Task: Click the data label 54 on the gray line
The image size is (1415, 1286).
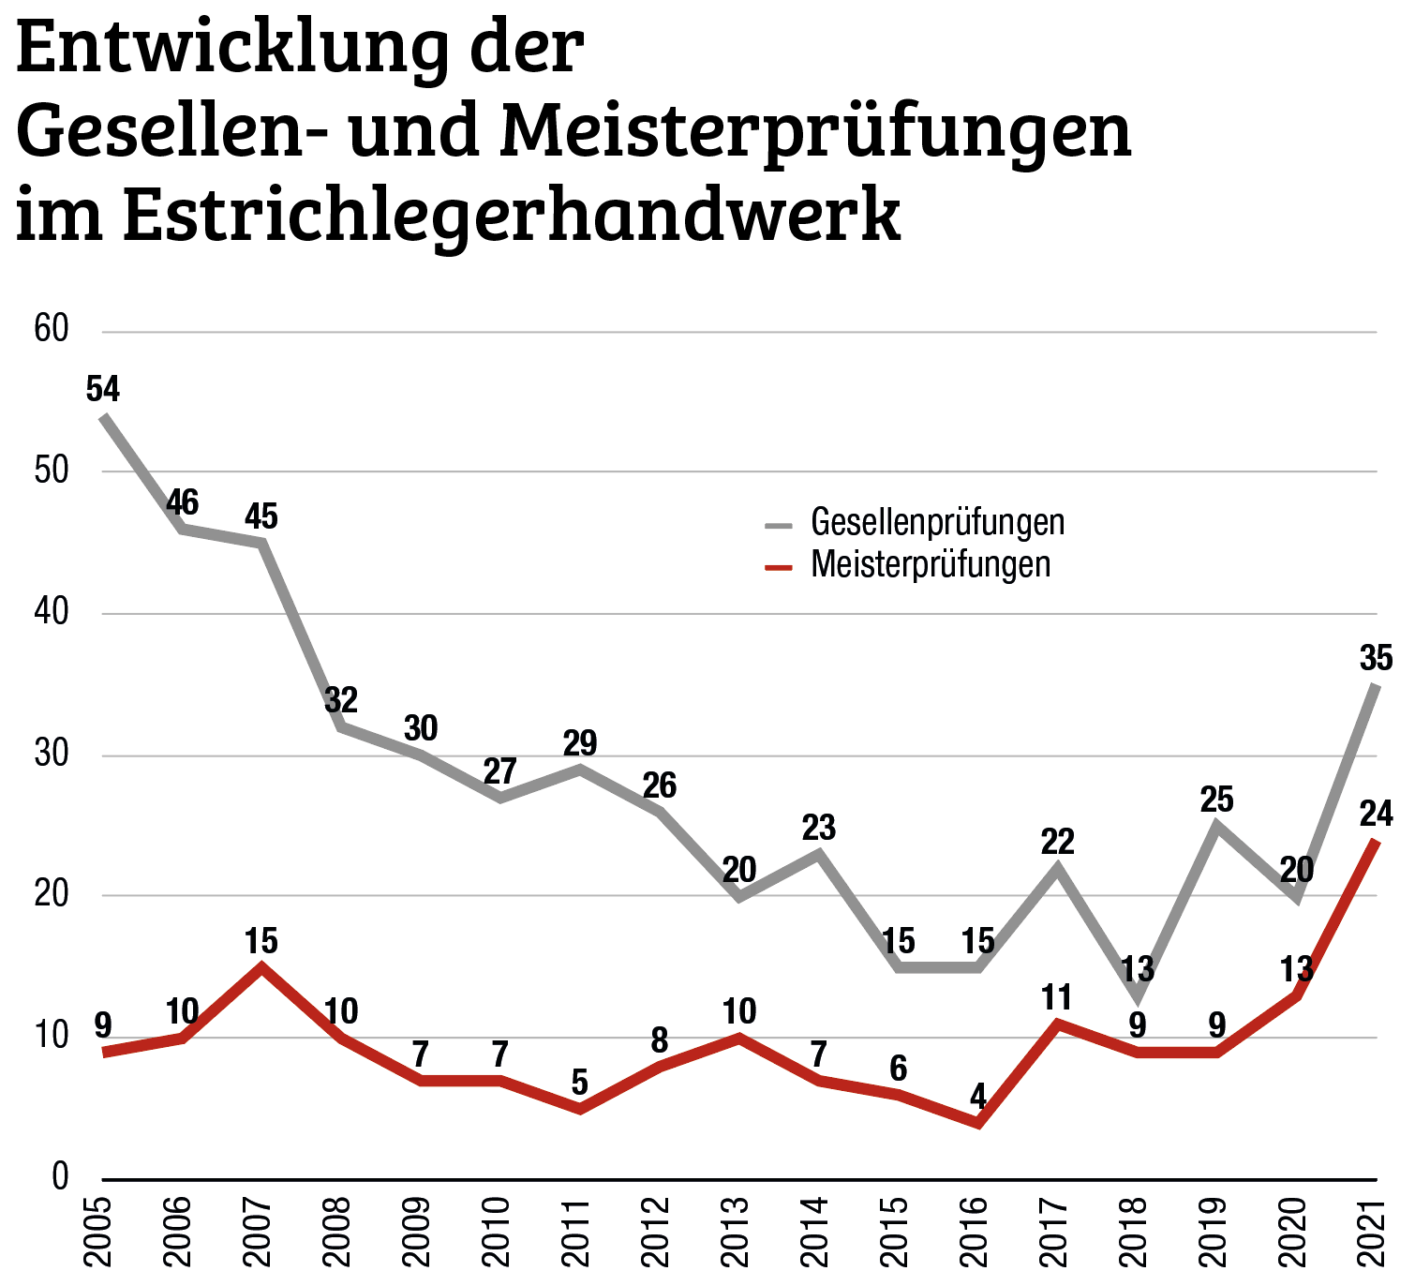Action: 103,389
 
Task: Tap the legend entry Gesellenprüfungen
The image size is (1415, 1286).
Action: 937,522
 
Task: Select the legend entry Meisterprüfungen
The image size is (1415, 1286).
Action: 930,564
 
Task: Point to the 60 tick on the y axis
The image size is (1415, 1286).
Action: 52,329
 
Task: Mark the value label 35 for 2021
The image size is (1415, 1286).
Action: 1376,659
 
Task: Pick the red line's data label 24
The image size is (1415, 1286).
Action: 1376,814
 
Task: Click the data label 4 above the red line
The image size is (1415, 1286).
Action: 978,1096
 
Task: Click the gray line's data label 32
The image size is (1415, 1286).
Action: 341,700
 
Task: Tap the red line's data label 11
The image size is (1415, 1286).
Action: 1057,997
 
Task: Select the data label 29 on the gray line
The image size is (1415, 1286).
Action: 580,743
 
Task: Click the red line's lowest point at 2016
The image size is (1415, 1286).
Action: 978,1122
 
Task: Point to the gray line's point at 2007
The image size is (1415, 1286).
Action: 262,542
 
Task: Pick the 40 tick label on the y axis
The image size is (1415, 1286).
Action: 52,612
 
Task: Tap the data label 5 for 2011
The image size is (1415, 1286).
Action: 580,1084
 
